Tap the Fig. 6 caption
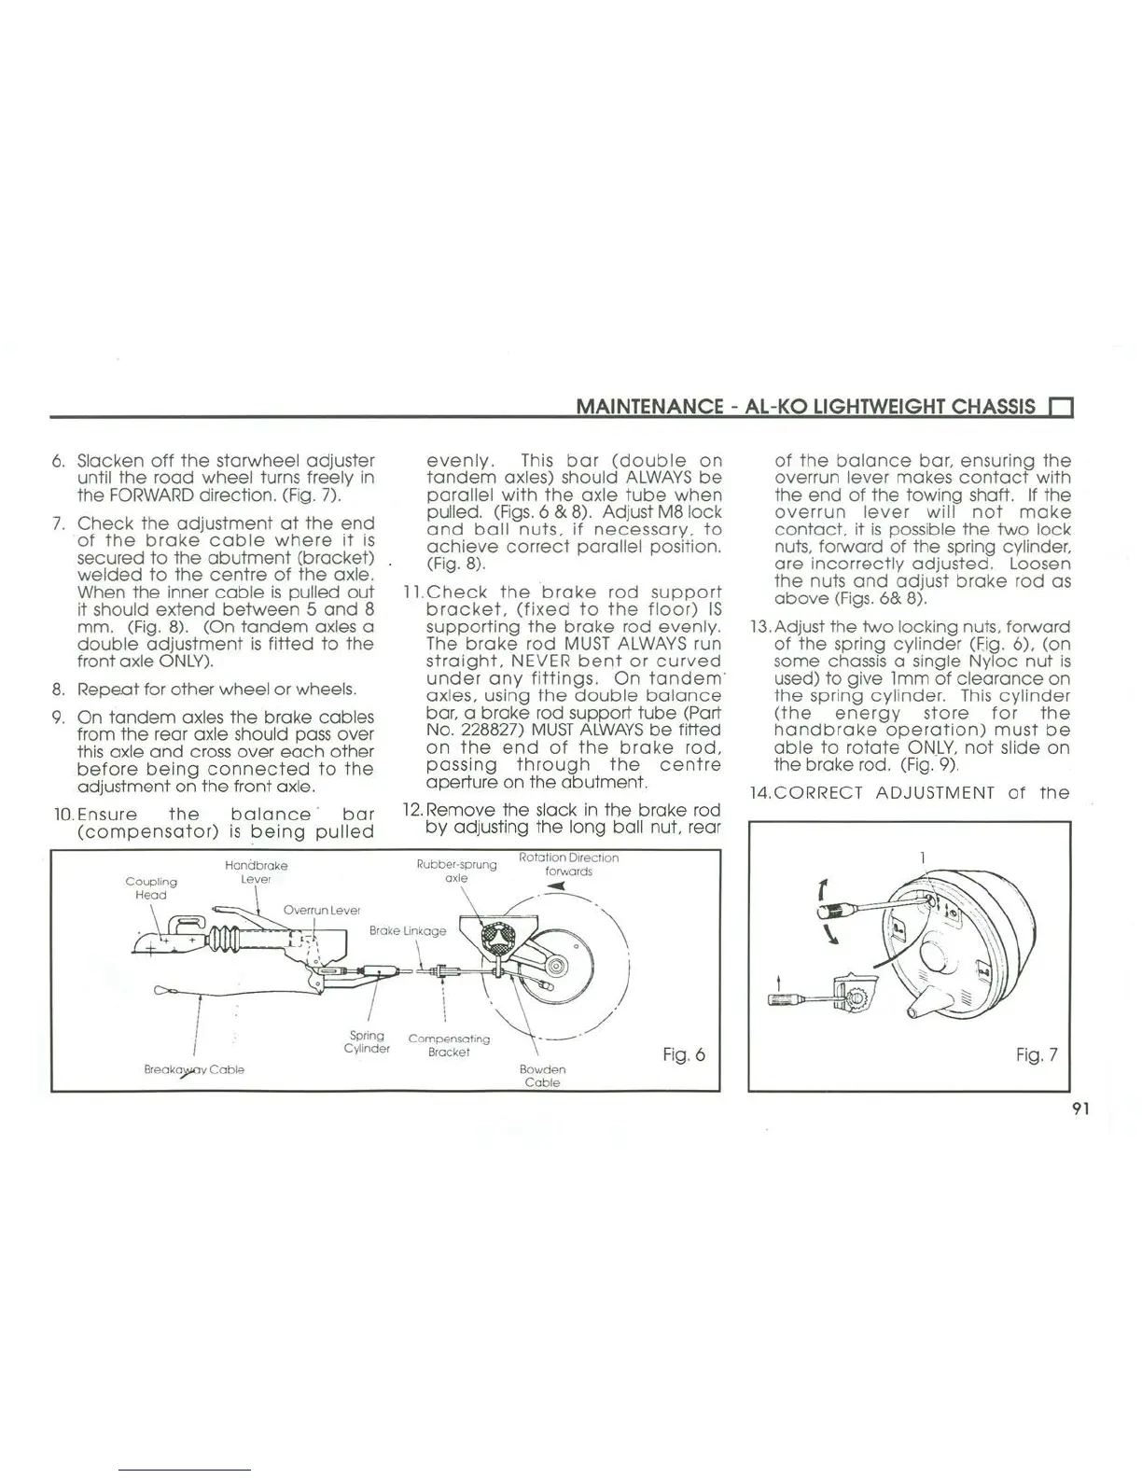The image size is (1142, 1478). tap(684, 1054)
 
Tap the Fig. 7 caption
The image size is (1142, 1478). tap(1037, 1055)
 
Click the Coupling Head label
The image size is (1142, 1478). tap(150, 887)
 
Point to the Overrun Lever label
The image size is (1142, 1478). tap(321, 910)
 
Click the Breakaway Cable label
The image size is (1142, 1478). tap(194, 1069)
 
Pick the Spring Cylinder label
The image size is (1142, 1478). tap(367, 1041)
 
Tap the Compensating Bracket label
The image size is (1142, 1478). tap(449, 1045)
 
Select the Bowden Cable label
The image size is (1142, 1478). tap(542, 1076)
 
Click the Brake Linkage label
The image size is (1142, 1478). tap(408, 930)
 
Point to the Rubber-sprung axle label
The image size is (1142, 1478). tap(456, 871)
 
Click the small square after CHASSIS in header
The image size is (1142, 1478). tap(1062, 407)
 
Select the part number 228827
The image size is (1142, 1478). tap(486, 730)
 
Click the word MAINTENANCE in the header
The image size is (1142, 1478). tap(649, 406)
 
